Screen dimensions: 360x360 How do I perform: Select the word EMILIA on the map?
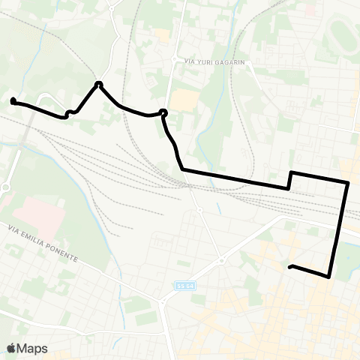click(34, 241)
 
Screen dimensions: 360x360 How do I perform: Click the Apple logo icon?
click(11, 348)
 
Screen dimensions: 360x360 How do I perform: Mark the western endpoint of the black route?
click(13, 100)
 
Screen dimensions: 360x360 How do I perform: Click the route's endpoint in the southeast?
click(290, 266)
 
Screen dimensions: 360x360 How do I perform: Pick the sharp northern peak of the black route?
click(98, 83)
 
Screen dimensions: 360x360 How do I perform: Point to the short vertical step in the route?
click(290, 180)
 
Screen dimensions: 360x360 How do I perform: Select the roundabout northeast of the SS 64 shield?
click(222, 262)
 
